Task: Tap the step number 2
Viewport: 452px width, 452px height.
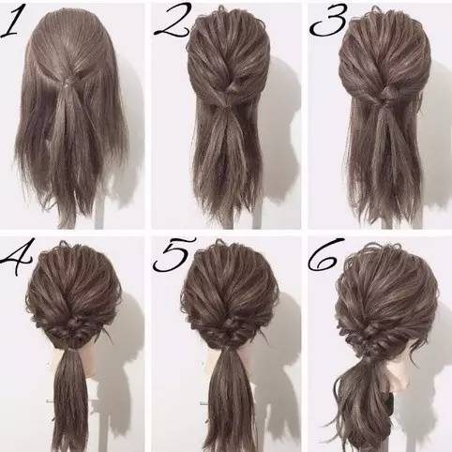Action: point(172,22)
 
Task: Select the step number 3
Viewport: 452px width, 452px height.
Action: point(328,22)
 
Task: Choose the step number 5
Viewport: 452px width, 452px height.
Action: point(173,254)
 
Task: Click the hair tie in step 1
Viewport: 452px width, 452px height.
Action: point(67,83)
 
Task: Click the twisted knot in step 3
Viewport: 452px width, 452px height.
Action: point(387,94)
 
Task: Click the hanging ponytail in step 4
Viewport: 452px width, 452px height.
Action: point(70,397)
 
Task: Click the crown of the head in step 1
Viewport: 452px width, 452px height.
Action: point(70,28)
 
